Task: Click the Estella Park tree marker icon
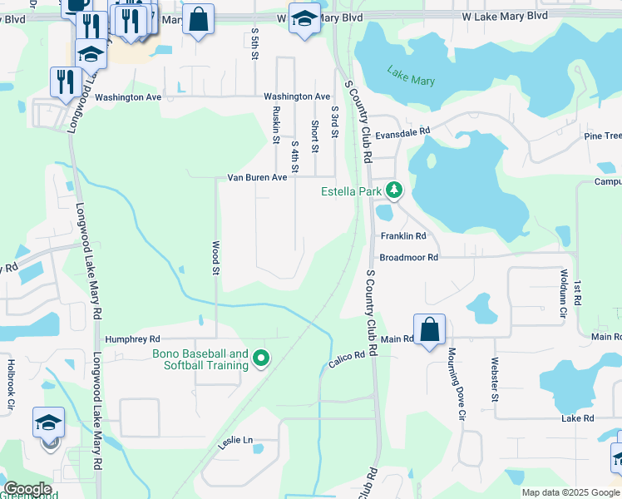(394, 191)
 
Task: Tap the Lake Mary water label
(411, 77)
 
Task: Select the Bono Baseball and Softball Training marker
(261, 359)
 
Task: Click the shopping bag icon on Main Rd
(429, 330)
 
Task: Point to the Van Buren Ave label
(257, 177)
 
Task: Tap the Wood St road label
(215, 258)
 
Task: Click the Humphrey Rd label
(132, 339)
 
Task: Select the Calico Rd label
(347, 360)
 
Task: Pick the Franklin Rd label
(403, 236)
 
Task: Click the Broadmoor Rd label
(407, 258)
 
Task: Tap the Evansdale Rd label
(402, 131)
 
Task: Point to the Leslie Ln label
(236, 439)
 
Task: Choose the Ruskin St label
(275, 125)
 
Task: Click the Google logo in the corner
(27, 489)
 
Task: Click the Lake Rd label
(577, 418)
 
